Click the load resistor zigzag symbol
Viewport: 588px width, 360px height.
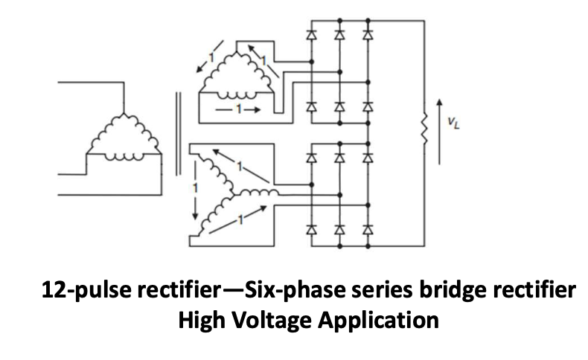coord(424,129)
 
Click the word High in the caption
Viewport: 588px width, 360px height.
coord(205,321)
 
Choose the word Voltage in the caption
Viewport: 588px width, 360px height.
coord(271,321)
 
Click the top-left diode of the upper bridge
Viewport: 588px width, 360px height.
coord(311,34)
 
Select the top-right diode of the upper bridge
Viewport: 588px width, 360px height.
coord(367,34)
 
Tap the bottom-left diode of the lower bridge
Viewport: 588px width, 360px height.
coord(311,231)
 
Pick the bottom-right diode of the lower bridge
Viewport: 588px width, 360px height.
coord(367,231)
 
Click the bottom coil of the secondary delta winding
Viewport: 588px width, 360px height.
coord(237,91)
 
